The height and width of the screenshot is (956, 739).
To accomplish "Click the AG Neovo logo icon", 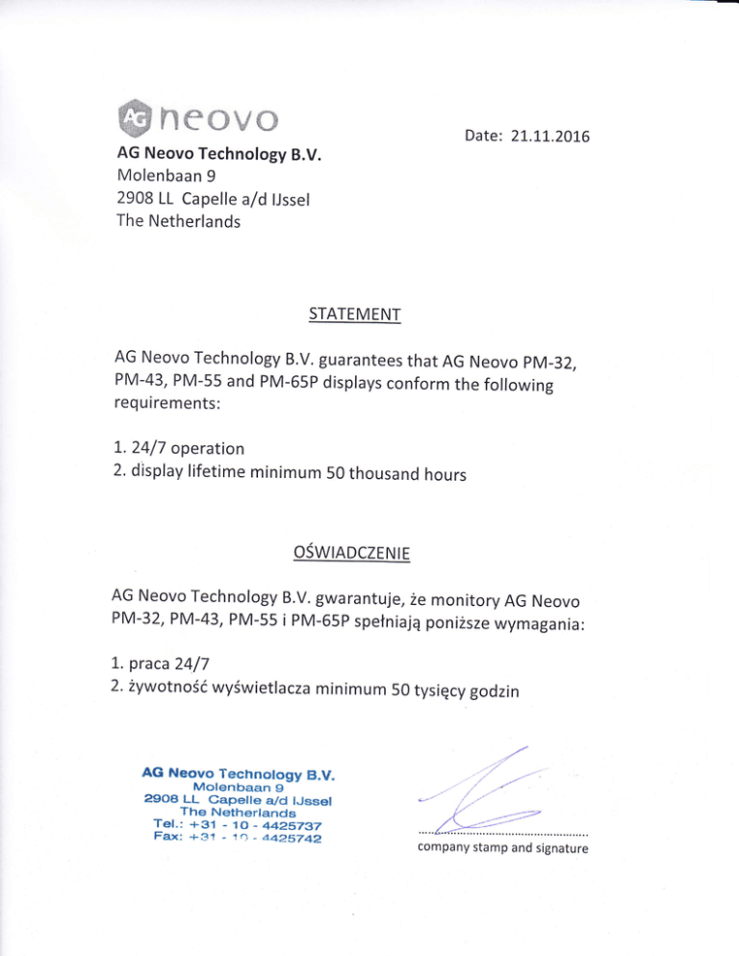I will (129, 119).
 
